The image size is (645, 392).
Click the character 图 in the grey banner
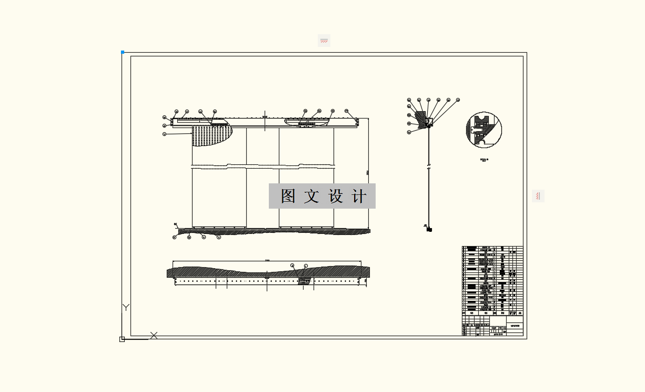click(x=288, y=196)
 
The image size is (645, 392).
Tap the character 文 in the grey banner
click(x=311, y=196)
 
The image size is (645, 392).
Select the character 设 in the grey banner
click(x=336, y=196)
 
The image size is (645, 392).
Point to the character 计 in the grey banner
click(x=359, y=196)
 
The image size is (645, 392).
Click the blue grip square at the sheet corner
click(x=123, y=52)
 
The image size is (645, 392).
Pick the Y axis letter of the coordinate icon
click(x=126, y=307)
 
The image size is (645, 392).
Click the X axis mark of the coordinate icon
click(x=154, y=335)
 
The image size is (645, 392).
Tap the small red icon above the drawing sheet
click(x=324, y=41)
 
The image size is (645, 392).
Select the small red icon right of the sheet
click(x=538, y=196)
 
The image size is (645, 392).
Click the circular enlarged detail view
click(x=484, y=130)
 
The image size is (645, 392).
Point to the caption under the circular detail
click(x=484, y=160)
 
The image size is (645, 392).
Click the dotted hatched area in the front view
click(x=210, y=134)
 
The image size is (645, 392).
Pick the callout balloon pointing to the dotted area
click(x=165, y=134)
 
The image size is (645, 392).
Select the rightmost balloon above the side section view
click(x=458, y=100)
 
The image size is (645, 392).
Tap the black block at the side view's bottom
click(x=429, y=230)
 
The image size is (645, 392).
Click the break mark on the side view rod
click(x=428, y=168)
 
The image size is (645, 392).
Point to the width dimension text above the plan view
click(x=267, y=260)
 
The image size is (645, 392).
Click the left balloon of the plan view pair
click(x=292, y=266)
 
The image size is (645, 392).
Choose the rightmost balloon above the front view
click(x=346, y=111)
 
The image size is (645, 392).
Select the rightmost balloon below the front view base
click(x=219, y=238)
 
